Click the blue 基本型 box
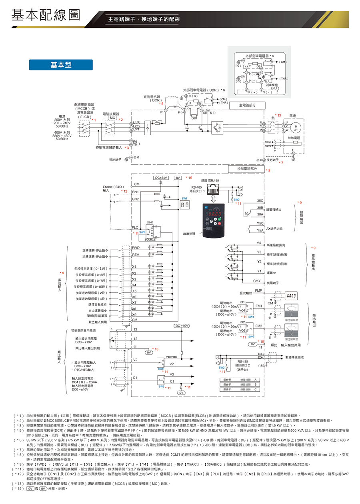[60, 65]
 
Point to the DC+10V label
[182, 326]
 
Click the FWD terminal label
[136, 248]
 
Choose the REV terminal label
[136, 255]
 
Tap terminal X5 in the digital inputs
[134, 291]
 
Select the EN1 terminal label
[136, 192]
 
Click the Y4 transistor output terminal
[259, 243]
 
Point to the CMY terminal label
[257, 281]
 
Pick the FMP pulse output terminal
[258, 291]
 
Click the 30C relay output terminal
[260, 200]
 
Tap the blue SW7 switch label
[184, 198]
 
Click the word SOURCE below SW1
[150, 239]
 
